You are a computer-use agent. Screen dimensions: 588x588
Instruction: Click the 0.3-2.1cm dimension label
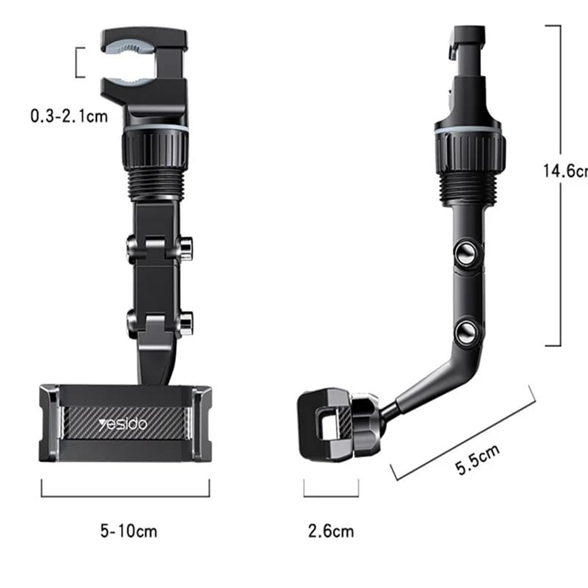click(69, 116)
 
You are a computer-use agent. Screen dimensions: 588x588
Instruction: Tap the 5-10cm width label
click(129, 531)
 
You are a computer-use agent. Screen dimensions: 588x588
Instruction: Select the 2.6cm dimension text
click(331, 531)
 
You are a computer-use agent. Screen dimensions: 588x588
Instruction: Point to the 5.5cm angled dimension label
click(477, 459)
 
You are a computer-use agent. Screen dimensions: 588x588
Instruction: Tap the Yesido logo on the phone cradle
click(123, 424)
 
